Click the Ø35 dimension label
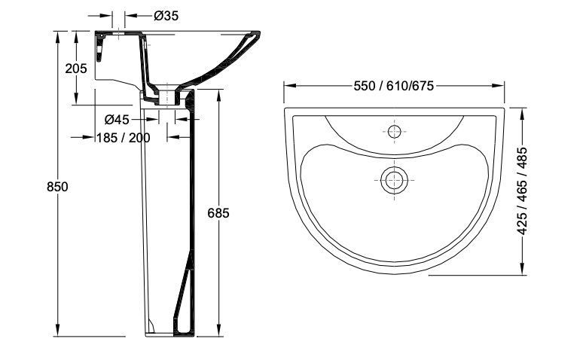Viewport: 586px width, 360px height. coord(166,16)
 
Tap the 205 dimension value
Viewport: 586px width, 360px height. coord(76,69)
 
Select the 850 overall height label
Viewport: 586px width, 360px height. coord(57,187)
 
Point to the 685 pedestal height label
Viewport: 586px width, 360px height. coord(218,213)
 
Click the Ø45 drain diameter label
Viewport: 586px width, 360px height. coord(117,120)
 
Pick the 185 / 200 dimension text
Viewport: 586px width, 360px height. coord(124,138)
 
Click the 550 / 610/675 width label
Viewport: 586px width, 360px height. coord(394,86)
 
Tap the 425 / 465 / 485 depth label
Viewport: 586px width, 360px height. coord(522,191)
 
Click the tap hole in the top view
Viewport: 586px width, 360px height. coord(394,132)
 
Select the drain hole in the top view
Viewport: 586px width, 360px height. coord(394,180)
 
